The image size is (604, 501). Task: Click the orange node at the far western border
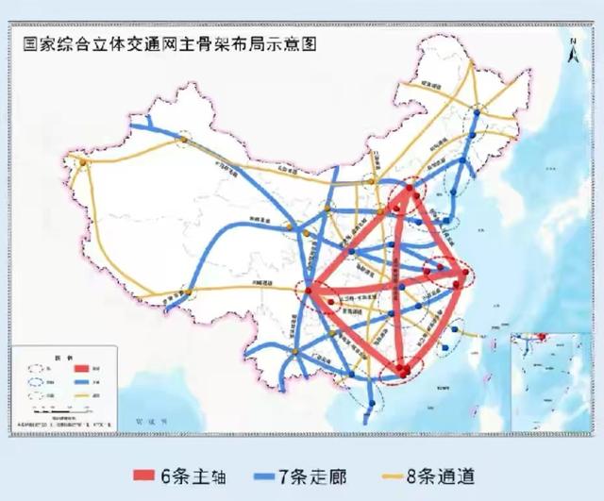pyautogui.click(x=83, y=163)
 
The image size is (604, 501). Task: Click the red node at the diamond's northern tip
pyautogui.click(x=411, y=190)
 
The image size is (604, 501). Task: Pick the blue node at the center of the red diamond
pyautogui.click(x=402, y=283)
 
